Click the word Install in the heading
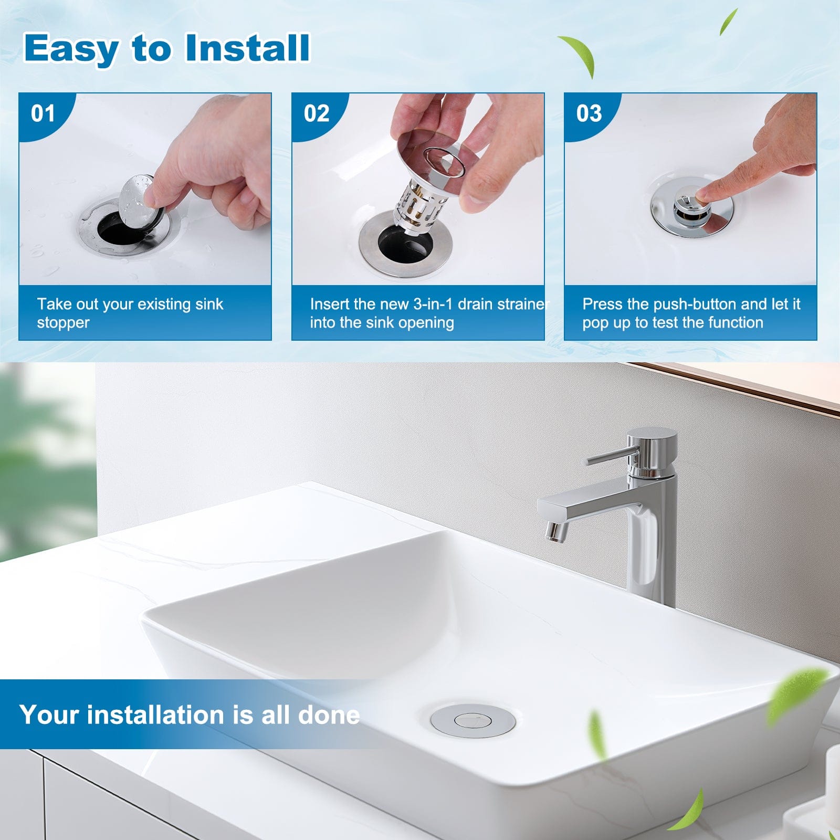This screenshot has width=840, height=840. click(x=247, y=48)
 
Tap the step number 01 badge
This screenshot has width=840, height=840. click(x=43, y=113)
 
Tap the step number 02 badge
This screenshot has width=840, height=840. click(x=316, y=113)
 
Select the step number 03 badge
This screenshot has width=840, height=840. click(x=589, y=113)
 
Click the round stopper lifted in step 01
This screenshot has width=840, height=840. click(x=138, y=202)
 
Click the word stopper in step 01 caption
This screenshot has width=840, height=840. click(x=63, y=322)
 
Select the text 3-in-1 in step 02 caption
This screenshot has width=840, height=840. click(x=433, y=304)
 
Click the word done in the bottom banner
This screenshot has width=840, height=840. click(x=329, y=715)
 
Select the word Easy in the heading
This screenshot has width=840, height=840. click(x=71, y=48)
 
